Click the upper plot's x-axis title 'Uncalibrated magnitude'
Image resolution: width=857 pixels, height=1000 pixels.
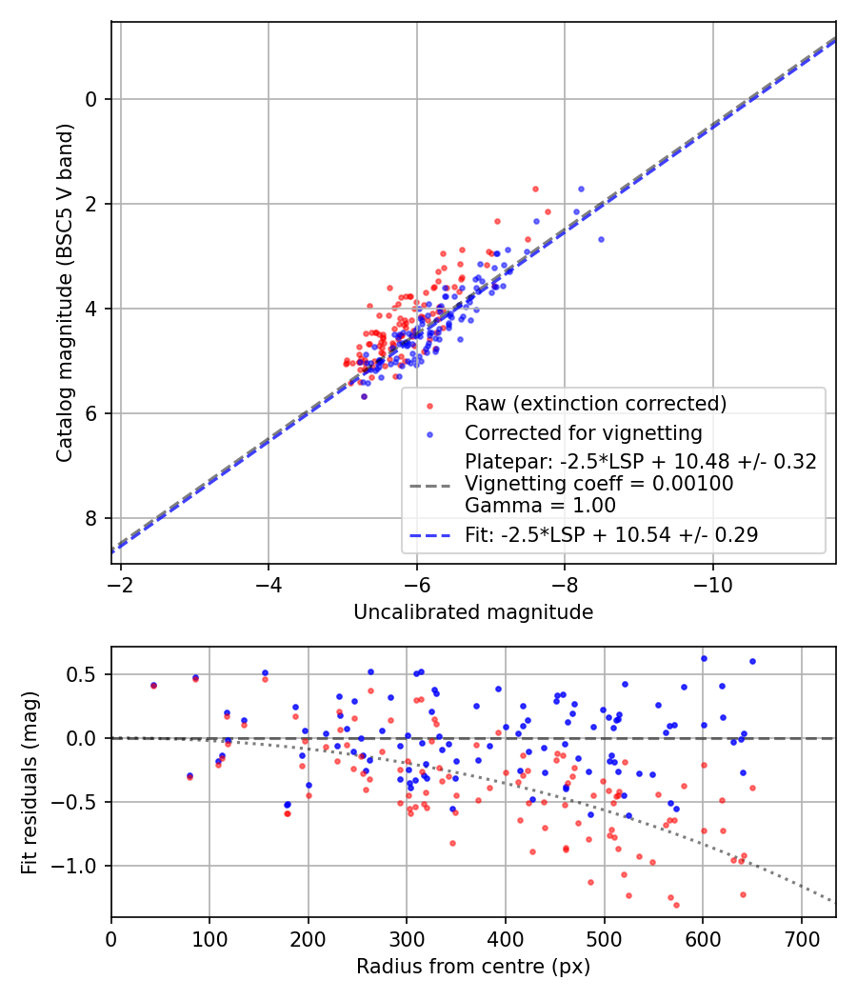click(473, 612)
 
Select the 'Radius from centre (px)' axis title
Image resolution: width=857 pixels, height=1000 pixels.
click(473, 967)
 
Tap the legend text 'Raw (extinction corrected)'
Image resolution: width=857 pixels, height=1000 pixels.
click(595, 403)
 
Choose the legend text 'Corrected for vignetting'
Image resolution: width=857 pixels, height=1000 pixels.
click(583, 433)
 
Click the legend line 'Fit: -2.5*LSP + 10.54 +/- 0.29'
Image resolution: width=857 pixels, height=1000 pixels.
click(611, 535)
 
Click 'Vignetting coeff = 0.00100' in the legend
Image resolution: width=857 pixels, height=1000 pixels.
click(599, 484)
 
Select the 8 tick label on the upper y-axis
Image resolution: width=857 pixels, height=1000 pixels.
click(92, 518)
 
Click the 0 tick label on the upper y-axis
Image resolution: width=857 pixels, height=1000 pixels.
click(92, 99)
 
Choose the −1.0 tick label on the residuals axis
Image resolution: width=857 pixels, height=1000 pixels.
click(80, 866)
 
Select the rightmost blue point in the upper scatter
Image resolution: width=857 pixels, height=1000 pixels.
click(601, 239)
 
